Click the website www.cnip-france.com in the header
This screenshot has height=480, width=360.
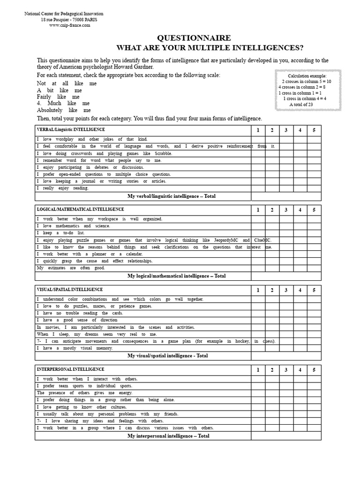[69, 25]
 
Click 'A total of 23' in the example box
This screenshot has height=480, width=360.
[307, 105]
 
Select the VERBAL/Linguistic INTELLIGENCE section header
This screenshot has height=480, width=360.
[71, 129]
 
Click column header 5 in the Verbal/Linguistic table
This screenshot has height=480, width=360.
[314, 130]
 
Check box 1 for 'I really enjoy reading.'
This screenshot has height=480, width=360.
[258, 188]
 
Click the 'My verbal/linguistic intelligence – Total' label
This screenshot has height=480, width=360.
[171, 196]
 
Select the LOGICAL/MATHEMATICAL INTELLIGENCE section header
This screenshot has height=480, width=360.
[80, 209]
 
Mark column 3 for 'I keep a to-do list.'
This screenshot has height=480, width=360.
[286, 233]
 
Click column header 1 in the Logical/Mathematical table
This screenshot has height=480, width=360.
[258, 210]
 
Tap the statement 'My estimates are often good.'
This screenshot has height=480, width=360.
[71, 268]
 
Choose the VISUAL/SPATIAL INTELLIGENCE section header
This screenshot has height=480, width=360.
[69, 290]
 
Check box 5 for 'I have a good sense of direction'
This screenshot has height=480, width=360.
[314, 320]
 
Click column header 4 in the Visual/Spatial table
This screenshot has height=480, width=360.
[300, 290]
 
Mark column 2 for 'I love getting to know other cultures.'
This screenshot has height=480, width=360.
[272, 407]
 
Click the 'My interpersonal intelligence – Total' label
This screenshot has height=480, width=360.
[168, 436]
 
